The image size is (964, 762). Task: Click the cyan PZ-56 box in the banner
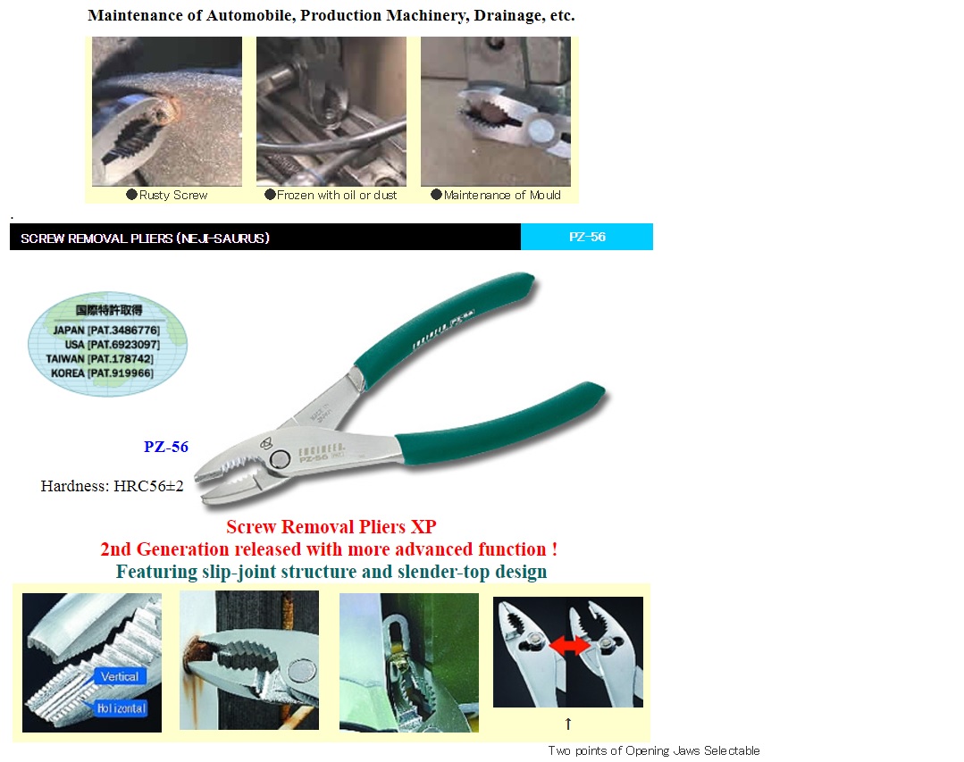587,237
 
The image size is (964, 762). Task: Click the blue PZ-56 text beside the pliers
166,447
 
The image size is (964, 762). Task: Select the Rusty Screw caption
172,195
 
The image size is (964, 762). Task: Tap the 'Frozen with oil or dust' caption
336,195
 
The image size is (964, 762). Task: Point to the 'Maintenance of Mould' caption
501,195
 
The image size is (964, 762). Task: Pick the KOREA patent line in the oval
102,373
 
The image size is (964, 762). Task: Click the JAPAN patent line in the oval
106,330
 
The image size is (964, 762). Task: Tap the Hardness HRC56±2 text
112,486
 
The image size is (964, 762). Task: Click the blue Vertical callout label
119,676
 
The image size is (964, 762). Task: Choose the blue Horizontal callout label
119,708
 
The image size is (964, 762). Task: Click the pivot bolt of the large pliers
280,459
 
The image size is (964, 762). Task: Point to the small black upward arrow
567,723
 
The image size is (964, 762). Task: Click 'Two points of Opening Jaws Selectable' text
654,750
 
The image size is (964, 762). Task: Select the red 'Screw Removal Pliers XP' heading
331,527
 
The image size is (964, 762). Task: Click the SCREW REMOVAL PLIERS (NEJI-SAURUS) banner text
145,239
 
